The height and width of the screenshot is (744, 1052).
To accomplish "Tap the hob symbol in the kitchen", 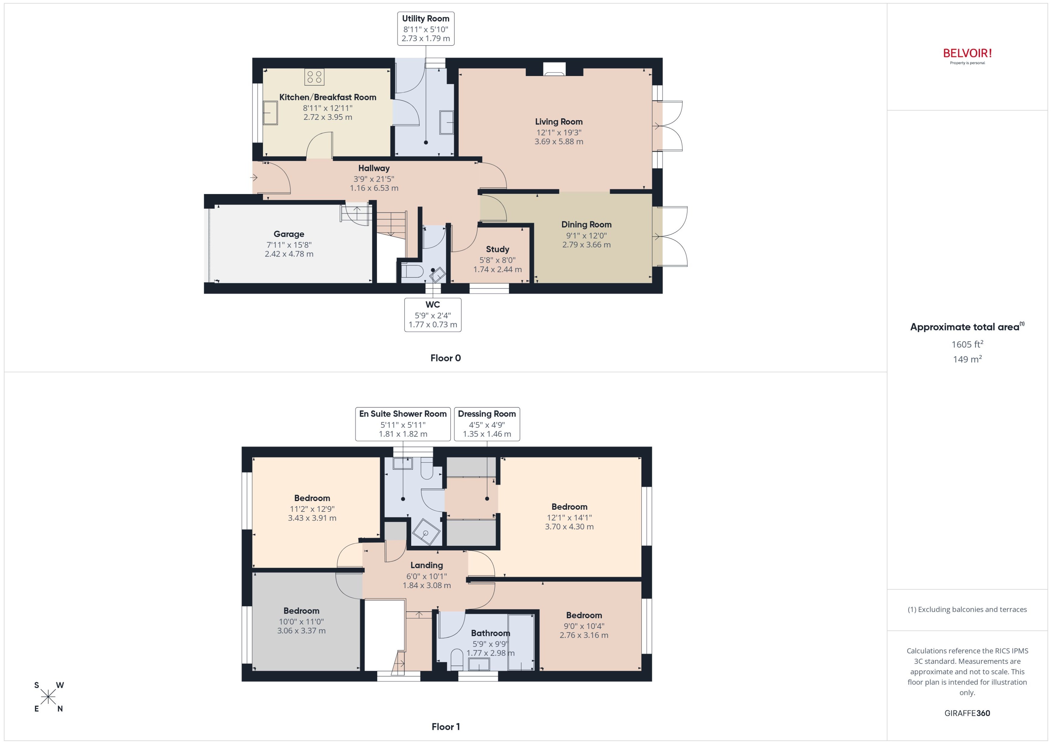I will point(314,77).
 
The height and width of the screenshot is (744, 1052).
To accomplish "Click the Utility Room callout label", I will point(425,29).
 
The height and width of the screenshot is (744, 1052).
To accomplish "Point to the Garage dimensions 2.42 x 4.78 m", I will point(289,254).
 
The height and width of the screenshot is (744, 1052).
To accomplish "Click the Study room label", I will point(497,249).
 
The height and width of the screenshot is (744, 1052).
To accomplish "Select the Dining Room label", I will point(586,224).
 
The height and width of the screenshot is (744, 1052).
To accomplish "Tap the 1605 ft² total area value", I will point(967,344).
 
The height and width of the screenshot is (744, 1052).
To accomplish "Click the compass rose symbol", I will point(48,697).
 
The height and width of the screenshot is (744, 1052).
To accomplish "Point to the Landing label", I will point(426,565).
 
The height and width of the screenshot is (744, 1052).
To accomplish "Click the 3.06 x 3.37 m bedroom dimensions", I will point(301,631).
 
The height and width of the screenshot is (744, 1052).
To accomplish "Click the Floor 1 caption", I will point(445,727).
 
